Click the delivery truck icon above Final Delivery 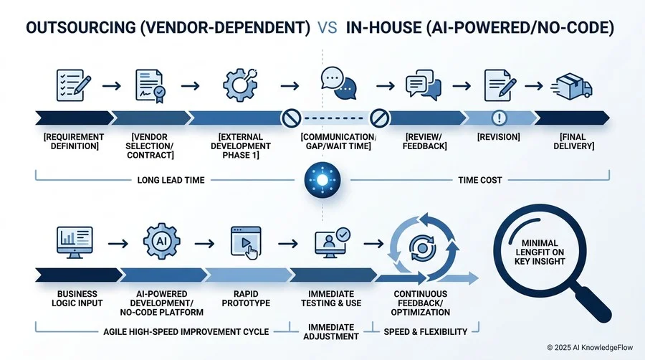pyautogui.click(x=572, y=86)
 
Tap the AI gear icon pyautogui.click(x=161, y=241)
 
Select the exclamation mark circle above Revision pyautogui.click(x=500, y=118)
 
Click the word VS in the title pyautogui.click(x=328, y=27)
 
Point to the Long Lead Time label pyautogui.click(x=171, y=180)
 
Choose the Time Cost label pyautogui.click(x=480, y=180)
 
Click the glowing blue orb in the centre pyautogui.click(x=322, y=180)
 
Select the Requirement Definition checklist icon pyautogui.click(x=74, y=85)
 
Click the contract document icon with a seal pyautogui.click(x=150, y=86)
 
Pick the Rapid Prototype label pyautogui.click(x=246, y=299)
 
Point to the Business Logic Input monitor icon pyautogui.click(x=75, y=242)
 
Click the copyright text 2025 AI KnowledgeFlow pyautogui.click(x=590, y=348)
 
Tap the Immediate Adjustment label pyautogui.click(x=331, y=331)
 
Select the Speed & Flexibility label pyautogui.click(x=425, y=331)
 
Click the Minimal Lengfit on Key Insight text pyautogui.click(x=540, y=252)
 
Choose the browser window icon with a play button pyautogui.click(x=246, y=242)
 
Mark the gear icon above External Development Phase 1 pyautogui.click(x=241, y=85)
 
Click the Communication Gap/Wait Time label pyautogui.click(x=338, y=141)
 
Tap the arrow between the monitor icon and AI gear pyautogui.click(x=118, y=244)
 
